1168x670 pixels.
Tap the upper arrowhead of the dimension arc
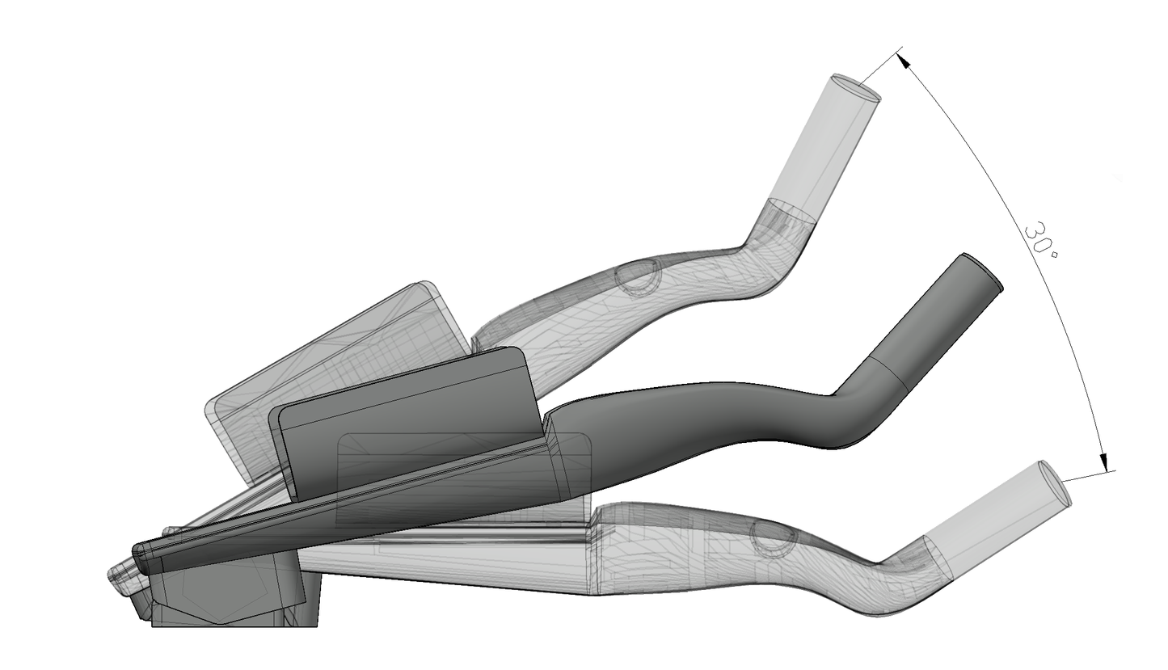[903, 61]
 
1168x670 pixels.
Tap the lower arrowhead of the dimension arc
[1103, 461]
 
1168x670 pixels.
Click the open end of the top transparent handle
[856, 87]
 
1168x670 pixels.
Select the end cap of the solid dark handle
[981, 271]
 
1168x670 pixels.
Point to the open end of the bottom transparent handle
[1056, 482]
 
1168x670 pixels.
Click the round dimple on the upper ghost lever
[637, 277]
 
